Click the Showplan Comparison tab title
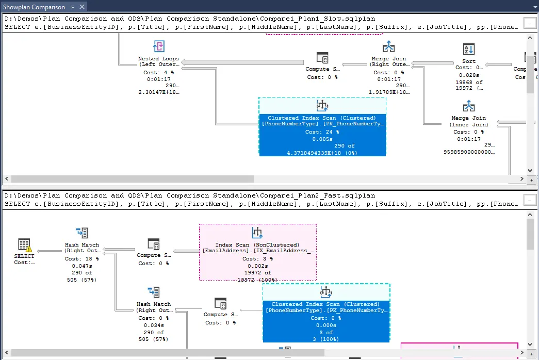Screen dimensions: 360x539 tap(34, 7)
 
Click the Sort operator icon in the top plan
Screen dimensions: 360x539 tap(468, 50)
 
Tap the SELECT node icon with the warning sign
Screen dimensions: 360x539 tap(24, 245)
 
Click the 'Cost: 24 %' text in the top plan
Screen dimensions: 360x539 tap(322, 132)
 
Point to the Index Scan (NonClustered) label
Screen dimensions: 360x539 tap(257, 244)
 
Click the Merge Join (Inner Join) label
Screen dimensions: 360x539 tap(468, 121)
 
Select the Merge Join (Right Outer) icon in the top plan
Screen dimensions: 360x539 tap(388, 47)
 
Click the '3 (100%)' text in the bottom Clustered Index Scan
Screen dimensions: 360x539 tap(326, 339)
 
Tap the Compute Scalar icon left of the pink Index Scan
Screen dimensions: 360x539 tap(153, 244)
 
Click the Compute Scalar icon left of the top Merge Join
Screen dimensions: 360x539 tap(322, 58)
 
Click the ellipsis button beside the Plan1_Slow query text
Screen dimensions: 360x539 tap(529, 24)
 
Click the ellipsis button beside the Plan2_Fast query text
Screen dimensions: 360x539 tap(529, 200)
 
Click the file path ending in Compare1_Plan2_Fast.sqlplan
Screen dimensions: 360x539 tap(189, 196)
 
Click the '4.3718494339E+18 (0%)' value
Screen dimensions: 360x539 tap(322, 153)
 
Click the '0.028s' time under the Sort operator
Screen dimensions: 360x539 tap(469, 75)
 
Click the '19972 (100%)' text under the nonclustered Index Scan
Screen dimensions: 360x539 tap(257, 280)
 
